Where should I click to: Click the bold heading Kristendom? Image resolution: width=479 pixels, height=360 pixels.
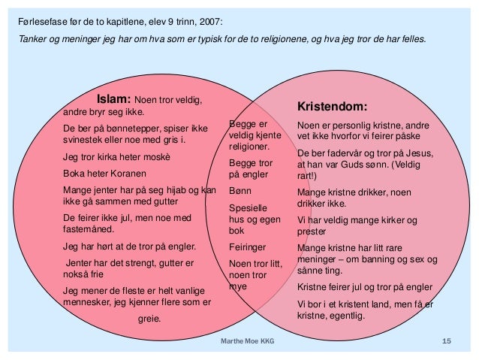pos(333,106)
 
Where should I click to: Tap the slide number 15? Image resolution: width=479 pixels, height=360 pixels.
pos(447,343)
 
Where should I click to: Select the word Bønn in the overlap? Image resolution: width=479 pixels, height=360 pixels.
pos(240,192)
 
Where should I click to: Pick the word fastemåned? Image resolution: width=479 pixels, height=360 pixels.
pos(89,229)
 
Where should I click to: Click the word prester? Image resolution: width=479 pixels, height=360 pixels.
pos(313,232)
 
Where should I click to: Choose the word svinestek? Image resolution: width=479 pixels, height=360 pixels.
pos(85,140)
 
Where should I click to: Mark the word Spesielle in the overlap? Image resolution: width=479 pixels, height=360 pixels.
pos(247,207)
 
